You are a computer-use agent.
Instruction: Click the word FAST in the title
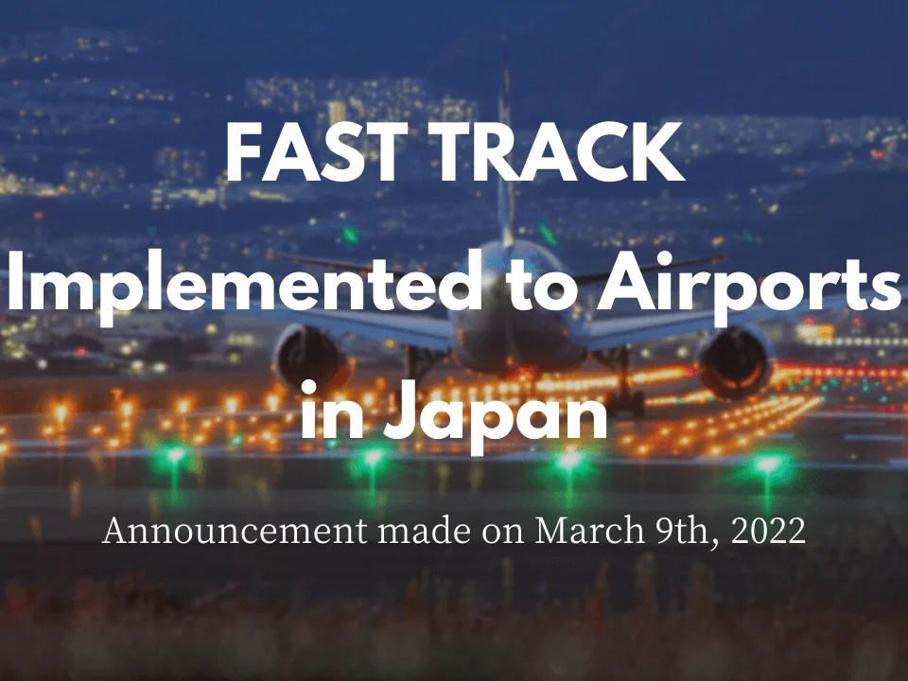pos(310,156)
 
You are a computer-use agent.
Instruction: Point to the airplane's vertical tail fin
pos(506,142)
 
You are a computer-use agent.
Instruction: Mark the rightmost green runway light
pos(767,464)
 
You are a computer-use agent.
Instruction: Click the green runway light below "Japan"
pos(568,460)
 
